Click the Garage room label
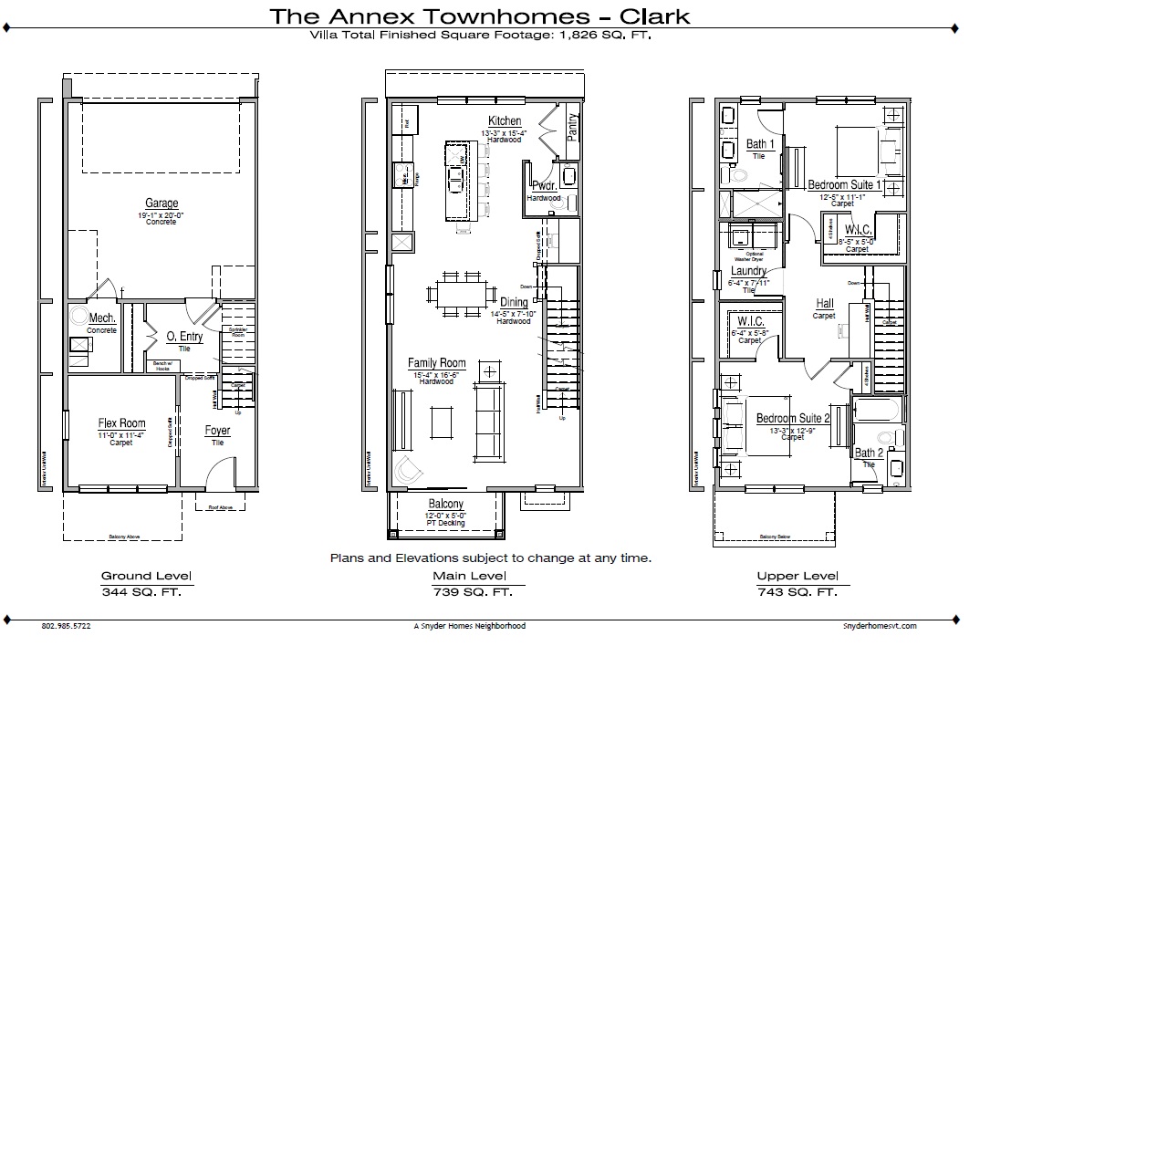pyautogui.click(x=162, y=203)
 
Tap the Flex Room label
pyautogui.click(x=121, y=423)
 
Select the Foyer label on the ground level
pyautogui.click(x=217, y=431)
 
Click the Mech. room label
pyautogui.click(x=102, y=318)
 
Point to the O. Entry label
pyautogui.click(x=184, y=337)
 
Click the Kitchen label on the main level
pyautogui.click(x=505, y=121)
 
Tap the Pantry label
pyautogui.click(x=572, y=125)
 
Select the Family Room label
pyautogui.click(x=436, y=363)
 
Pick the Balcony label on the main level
pyautogui.click(x=445, y=504)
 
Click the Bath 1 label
pyautogui.click(x=760, y=144)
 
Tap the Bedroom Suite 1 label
pyautogui.click(x=844, y=185)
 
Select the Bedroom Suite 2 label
pyautogui.click(x=793, y=419)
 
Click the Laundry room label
pyautogui.click(x=748, y=272)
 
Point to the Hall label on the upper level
pyautogui.click(x=824, y=304)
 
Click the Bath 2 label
pyautogui.click(x=869, y=453)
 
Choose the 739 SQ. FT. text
pyautogui.click(x=473, y=592)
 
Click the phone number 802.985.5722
pyautogui.click(x=66, y=626)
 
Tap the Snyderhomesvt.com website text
pyautogui.click(x=880, y=626)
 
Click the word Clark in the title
pyautogui.click(x=654, y=16)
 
